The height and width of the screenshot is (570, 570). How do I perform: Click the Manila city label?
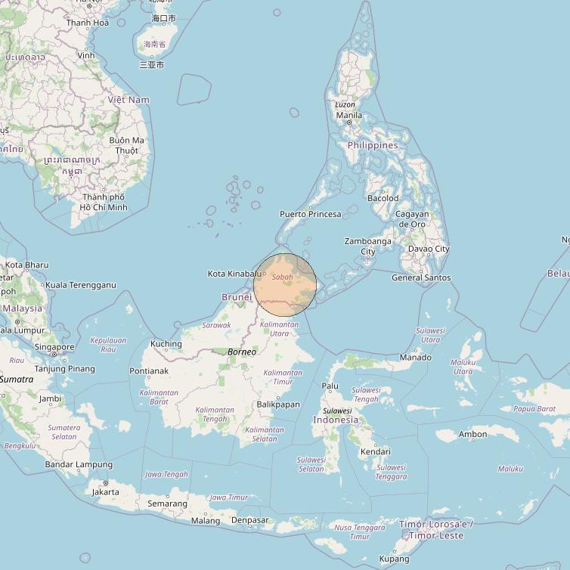pyautogui.click(x=349, y=116)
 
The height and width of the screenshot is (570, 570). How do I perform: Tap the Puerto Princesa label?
pyautogui.click(x=310, y=214)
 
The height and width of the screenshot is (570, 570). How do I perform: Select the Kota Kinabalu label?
pyautogui.click(x=234, y=273)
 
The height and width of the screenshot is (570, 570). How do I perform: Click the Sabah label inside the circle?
pyautogui.click(x=282, y=277)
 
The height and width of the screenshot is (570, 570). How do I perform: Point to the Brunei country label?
pyautogui.click(x=237, y=297)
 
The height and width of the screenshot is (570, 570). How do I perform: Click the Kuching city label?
pyautogui.click(x=166, y=344)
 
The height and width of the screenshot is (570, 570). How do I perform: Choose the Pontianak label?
pyautogui.click(x=149, y=371)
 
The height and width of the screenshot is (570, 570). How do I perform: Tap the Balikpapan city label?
pyautogui.click(x=278, y=404)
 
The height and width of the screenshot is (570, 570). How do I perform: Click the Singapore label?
pyautogui.click(x=54, y=348)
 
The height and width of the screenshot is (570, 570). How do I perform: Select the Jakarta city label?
pyautogui.click(x=105, y=492)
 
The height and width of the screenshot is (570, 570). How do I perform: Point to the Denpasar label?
pyautogui.click(x=249, y=520)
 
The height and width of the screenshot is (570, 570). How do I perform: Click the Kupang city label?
pyautogui.click(x=394, y=559)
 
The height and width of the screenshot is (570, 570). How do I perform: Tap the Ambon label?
pyautogui.click(x=472, y=434)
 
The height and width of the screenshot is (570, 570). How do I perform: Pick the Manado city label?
pyautogui.click(x=415, y=357)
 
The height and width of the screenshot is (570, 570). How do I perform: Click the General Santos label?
pyautogui.click(x=421, y=277)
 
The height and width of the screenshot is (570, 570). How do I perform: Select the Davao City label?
pyautogui.click(x=428, y=249)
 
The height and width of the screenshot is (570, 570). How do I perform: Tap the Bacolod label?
pyautogui.click(x=383, y=198)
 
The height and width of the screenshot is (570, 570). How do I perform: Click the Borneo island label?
pyautogui.click(x=242, y=352)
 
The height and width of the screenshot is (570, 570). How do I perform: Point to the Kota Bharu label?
pyautogui.click(x=26, y=265)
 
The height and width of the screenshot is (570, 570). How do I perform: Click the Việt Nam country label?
pyautogui.click(x=129, y=100)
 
